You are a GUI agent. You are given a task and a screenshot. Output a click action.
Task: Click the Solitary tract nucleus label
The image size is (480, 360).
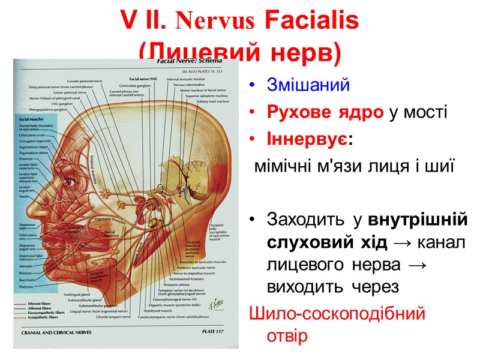tap(208, 101)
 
